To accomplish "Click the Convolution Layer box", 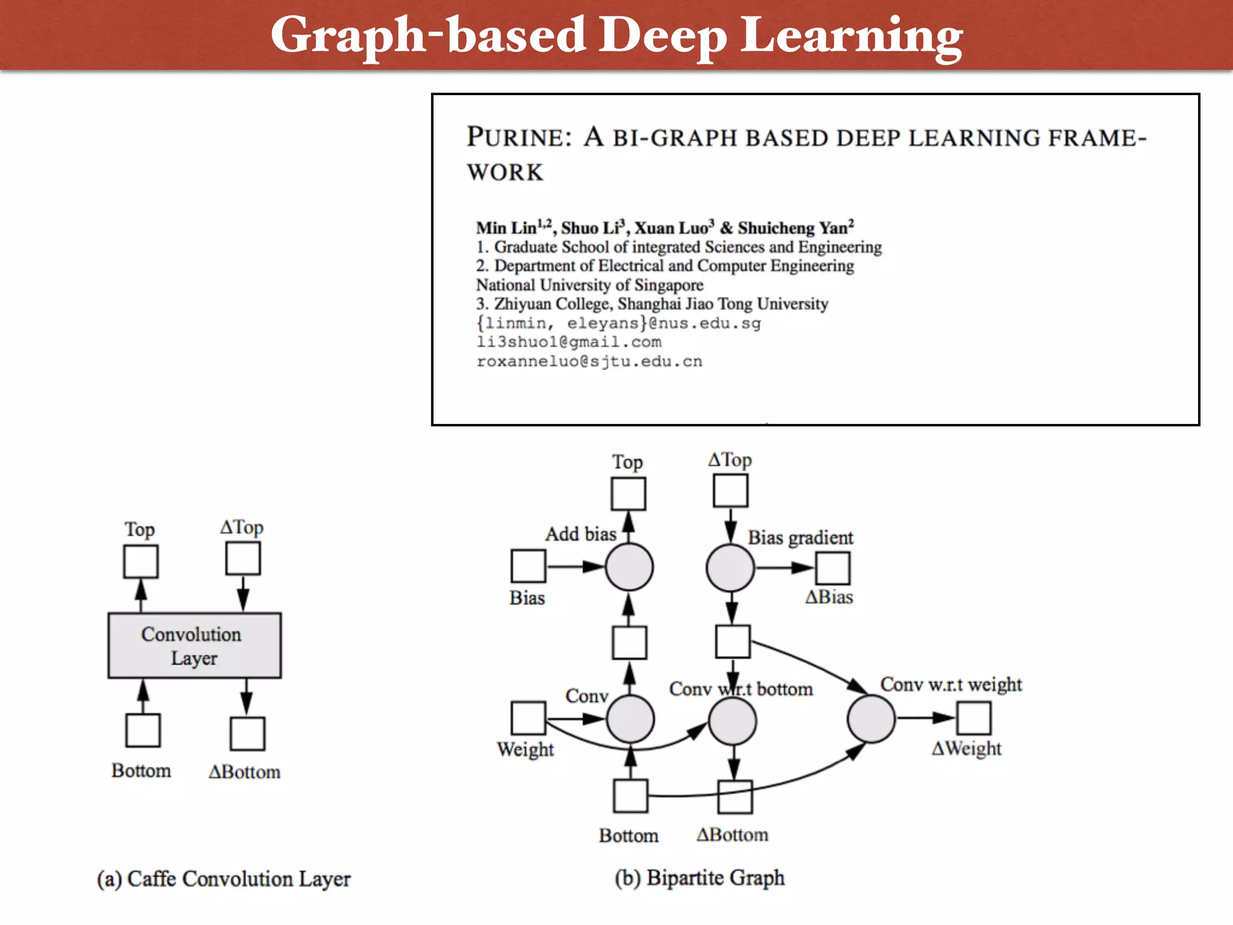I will click(x=194, y=646).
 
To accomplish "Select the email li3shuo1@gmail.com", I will click(x=569, y=342).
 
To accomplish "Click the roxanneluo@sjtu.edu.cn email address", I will click(x=589, y=361).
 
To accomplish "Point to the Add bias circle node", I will click(x=629, y=567).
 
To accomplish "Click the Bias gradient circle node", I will click(x=730, y=567).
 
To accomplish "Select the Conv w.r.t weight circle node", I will click(x=871, y=718).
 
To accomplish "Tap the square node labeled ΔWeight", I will click(x=974, y=718).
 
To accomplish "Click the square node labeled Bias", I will click(x=528, y=566).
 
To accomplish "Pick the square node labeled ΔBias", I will click(x=833, y=568).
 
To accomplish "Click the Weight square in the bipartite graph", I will click(x=528, y=718).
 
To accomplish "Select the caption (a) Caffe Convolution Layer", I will click(x=223, y=879).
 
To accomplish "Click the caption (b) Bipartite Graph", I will click(x=700, y=877).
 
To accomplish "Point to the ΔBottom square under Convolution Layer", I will click(x=247, y=733).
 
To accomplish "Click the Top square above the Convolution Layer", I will click(x=141, y=561).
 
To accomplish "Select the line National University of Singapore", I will click(x=589, y=285).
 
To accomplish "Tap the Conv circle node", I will click(x=630, y=718).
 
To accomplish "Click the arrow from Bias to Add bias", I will click(x=575, y=567).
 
